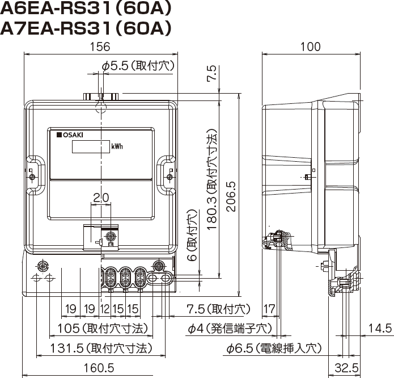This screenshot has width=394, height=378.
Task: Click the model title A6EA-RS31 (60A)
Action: (86, 9)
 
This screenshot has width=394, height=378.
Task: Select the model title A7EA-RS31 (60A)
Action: (86, 28)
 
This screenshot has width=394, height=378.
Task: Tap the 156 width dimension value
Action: (100, 47)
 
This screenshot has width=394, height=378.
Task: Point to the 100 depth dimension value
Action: (311, 47)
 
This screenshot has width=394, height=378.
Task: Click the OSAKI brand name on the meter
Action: (70, 135)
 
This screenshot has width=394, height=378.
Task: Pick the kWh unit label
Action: (117, 146)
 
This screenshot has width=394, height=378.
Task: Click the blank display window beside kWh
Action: (91, 146)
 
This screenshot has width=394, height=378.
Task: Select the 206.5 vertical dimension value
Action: (231, 196)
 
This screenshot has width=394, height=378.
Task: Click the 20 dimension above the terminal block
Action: (101, 198)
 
